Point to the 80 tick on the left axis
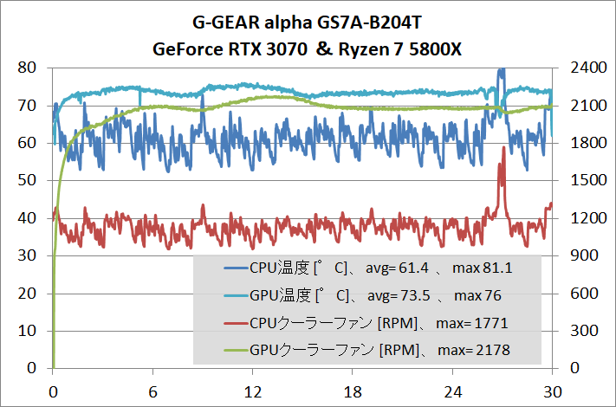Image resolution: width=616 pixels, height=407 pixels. [26, 68]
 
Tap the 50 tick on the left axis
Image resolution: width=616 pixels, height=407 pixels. [26, 180]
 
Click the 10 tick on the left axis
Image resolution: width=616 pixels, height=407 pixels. [26, 331]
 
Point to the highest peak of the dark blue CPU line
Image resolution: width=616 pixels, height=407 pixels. [501, 70]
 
